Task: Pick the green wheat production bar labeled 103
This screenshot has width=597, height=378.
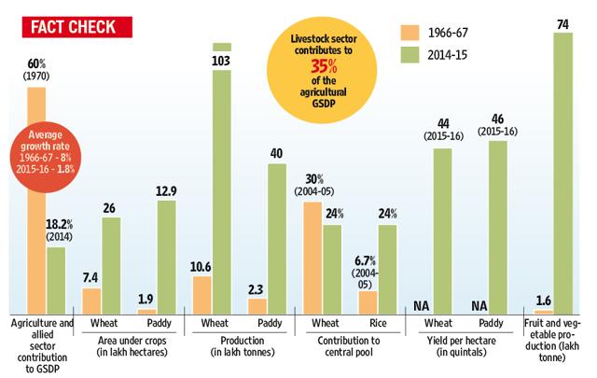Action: [x=222, y=182]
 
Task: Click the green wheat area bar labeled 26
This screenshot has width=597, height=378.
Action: [x=111, y=265]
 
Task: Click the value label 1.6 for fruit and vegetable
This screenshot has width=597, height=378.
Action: [x=542, y=300]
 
